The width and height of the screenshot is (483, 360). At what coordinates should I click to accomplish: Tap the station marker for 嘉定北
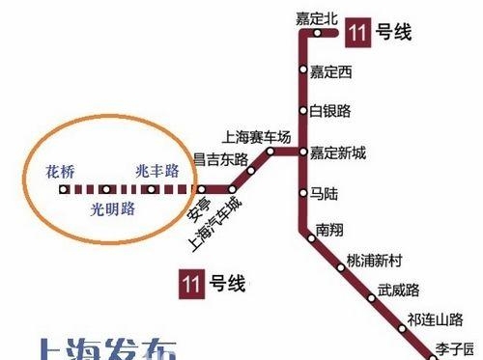coord(317,34)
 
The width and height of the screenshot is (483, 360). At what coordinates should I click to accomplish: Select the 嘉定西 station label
coord(332,70)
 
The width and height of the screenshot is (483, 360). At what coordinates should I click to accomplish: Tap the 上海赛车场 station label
coord(256,137)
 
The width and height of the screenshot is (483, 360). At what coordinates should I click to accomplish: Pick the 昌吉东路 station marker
coord(251,172)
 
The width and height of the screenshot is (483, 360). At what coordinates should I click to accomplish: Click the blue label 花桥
coord(59,171)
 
